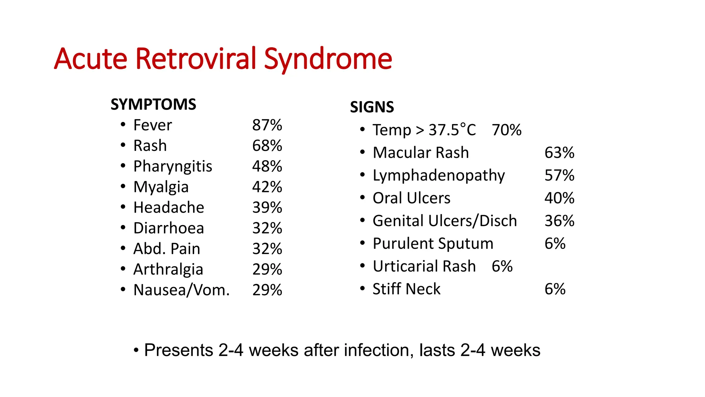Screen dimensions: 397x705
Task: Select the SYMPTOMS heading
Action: click(153, 104)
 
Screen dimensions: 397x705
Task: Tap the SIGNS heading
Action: click(372, 107)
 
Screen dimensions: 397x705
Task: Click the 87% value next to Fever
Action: click(267, 125)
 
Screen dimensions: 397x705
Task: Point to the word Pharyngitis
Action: click(173, 166)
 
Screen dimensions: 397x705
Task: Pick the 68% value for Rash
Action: click(267, 146)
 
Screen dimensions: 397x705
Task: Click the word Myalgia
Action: click(161, 187)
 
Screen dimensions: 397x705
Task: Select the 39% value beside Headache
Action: click(267, 207)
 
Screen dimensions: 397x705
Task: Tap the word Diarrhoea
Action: click(169, 228)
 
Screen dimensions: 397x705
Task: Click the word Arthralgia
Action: click(168, 269)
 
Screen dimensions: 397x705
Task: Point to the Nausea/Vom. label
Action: click(181, 290)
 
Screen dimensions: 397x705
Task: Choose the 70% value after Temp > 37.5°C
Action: click(506, 130)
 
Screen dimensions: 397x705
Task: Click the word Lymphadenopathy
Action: click(439, 175)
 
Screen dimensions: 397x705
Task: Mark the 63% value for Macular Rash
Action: click(559, 153)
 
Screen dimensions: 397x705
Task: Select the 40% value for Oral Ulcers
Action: click(559, 198)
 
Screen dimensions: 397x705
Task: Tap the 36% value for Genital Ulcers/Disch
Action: click(559, 221)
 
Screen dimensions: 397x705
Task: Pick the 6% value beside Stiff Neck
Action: click(555, 289)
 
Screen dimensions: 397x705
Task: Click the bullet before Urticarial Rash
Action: click(362, 266)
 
